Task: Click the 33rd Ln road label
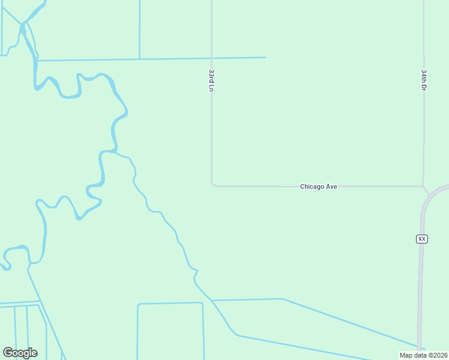tap(211, 80)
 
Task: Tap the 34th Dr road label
tap(424, 80)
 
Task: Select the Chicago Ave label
tap(318, 187)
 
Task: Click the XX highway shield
tap(421, 239)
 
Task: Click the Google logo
tap(20, 352)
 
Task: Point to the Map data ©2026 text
tap(423, 355)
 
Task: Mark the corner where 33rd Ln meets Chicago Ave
tap(212, 185)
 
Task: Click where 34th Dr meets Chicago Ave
tap(424, 186)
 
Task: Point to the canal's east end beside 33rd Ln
tap(265, 58)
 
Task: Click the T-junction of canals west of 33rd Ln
tap(140, 59)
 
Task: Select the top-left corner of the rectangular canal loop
tap(138, 305)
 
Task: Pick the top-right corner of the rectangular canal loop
tap(203, 303)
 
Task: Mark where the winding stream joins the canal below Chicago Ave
tap(212, 300)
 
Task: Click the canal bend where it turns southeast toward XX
tap(282, 299)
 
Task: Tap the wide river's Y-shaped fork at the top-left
tap(22, 24)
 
